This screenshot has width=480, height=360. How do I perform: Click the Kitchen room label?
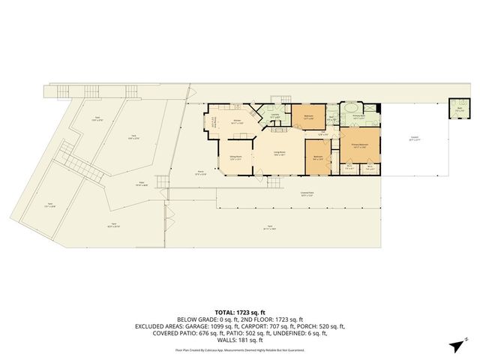237,120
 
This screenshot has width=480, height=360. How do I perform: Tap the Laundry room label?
275,116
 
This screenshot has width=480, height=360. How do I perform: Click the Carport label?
414,138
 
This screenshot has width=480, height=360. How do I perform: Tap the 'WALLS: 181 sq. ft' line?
240,342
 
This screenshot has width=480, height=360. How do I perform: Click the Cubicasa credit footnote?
240,350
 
